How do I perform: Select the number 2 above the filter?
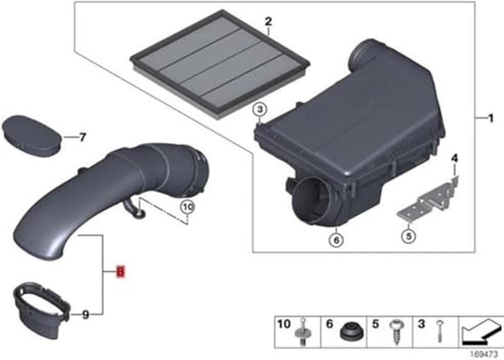(268, 22)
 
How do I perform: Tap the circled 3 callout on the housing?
(259, 111)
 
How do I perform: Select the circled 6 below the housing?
(336, 239)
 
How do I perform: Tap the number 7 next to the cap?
(83, 136)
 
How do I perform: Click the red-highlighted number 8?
(120, 272)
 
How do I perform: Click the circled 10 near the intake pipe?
(187, 206)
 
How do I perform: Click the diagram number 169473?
(483, 353)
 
